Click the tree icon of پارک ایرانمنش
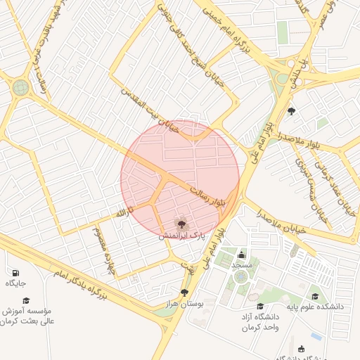pos(181,225)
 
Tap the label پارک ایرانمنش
pos(181,238)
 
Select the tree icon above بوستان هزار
pos(184,292)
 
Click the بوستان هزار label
pos(186,304)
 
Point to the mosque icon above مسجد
pos(242,254)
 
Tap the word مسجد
pos(242,265)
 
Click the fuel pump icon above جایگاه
pos(15,272)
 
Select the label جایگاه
pos(15,283)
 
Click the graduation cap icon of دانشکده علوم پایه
pos(315,296)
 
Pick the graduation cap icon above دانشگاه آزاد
pos(260,306)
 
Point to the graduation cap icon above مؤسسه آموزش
pos(26,300)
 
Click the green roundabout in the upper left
pos(20,88)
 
